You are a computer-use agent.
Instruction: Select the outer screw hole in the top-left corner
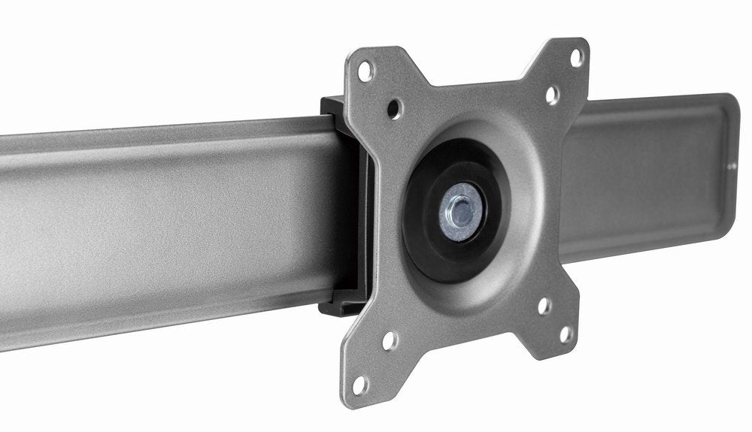click(x=365, y=72)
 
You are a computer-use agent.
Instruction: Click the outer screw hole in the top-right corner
click(x=575, y=57)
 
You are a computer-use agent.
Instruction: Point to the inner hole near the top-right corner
click(x=551, y=95)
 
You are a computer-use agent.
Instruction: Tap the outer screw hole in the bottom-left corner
click(x=360, y=385)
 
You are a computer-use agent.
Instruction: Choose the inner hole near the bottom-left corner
click(x=389, y=341)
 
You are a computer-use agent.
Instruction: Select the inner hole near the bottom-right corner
click(x=544, y=306)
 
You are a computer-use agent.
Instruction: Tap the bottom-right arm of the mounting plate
click(x=553, y=323)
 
